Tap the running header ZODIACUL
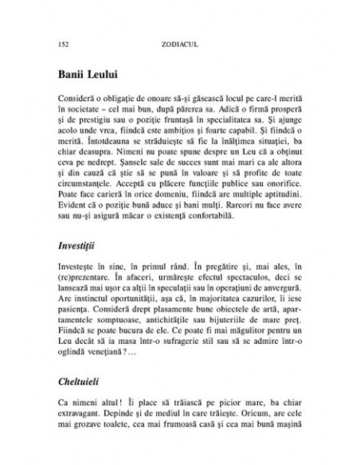click(179, 40)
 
